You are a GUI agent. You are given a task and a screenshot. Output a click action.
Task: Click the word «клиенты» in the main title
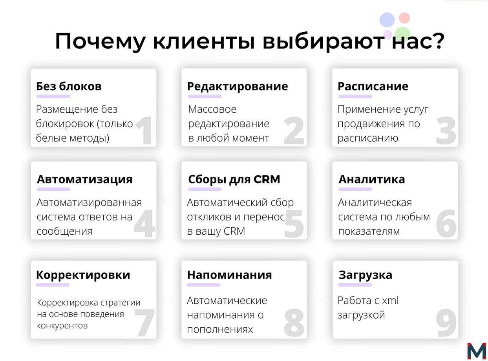[204, 41]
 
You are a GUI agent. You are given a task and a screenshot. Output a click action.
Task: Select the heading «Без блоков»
[69, 86]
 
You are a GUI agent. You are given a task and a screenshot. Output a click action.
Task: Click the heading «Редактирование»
[238, 86]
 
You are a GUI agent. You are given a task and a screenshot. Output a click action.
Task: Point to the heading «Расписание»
[373, 86]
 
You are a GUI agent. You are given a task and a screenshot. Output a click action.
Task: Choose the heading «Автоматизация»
[85, 179]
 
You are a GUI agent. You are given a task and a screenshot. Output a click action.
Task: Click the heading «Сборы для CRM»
[234, 179]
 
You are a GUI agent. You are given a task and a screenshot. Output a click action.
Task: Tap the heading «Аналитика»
[372, 179]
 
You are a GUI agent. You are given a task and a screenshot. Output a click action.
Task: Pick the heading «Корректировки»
[83, 275]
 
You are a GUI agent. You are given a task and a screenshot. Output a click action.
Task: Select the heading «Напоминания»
[230, 275]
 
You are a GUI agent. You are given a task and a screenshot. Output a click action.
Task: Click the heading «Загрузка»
[366, 275]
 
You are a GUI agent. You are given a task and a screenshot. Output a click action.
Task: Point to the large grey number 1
[144, 130]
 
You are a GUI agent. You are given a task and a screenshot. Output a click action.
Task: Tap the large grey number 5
[294, 224]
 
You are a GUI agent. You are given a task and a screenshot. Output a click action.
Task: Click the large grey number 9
[446, 323]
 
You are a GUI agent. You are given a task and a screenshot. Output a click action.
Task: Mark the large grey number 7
[144, 323]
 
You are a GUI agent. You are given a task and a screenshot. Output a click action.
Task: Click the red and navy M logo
[477, 351]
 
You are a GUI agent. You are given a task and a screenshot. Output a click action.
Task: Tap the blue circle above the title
[387, 20]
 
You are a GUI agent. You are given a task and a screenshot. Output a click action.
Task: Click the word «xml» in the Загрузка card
[390, 301]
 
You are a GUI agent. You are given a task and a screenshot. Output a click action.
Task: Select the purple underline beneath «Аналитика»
[355, 189]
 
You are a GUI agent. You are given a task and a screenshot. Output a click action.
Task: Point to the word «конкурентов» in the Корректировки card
[62, 326]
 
